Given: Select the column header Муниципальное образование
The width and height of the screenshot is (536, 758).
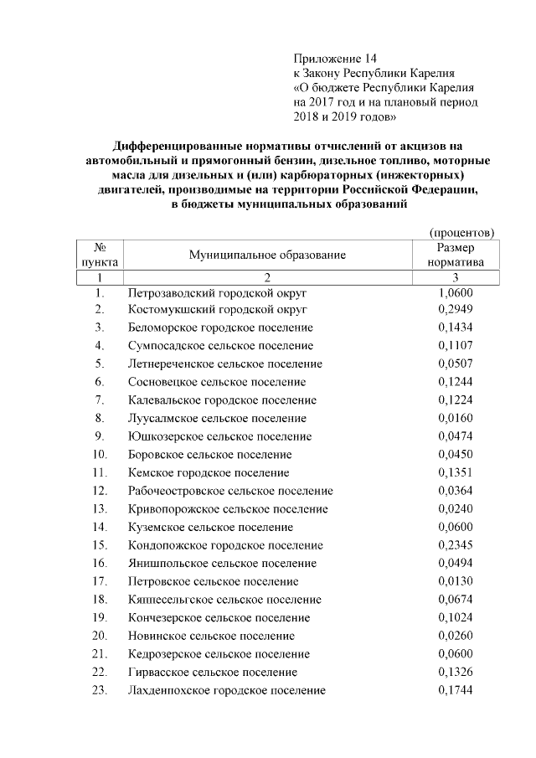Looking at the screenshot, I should pyautogui.click(x=267, y=255).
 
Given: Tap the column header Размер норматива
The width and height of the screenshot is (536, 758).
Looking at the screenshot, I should pyautogui.click(x=456, y=255).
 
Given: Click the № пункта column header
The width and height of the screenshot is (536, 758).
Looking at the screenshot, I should pyautogui.click(x=100, y=255).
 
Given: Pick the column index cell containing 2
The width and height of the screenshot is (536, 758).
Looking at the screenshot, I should pyautogui.click(x=267, y=277).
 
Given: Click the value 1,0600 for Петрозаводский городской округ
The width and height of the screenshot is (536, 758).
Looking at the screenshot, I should pyautogui.click(x=456, y=293).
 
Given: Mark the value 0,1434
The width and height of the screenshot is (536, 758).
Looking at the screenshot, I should pyautogui.click(x=456, y=327).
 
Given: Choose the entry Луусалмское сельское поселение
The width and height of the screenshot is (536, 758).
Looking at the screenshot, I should pyautogui.click(x=217, y=418).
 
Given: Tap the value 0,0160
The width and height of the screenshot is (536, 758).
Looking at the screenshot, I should pyautogui.click(x=456, y=418).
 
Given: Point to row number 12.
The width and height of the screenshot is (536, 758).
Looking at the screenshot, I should pyautogui.click(x=100, y=491).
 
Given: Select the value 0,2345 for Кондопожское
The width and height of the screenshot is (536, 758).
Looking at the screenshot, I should pyautogui.click(x=456, y=545).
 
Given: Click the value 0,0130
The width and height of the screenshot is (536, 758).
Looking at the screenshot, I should pyautogui.click(x=456, y=581).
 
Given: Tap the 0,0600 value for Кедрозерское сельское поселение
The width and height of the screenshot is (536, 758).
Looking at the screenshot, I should pyautogui.click(x=456, y=654).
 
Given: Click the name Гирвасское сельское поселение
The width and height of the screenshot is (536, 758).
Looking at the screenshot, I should pyautogui.click(x=213, y=672).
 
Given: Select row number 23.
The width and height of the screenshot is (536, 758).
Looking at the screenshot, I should pyautogui.click(x=100, y=690).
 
